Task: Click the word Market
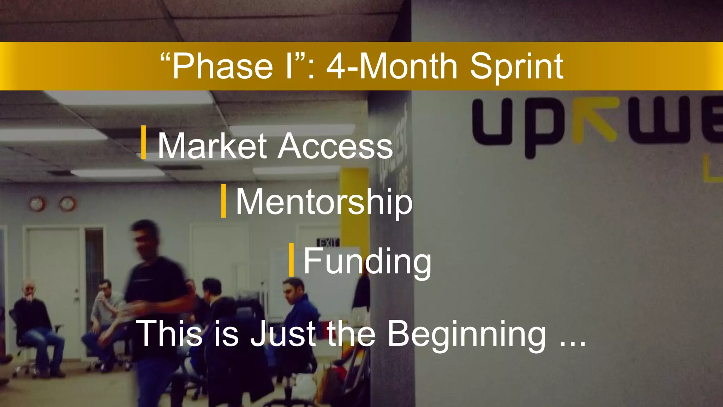click(x=212, y=146)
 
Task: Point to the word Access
click(x=335, y=146)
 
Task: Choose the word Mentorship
click(x=324, y=202)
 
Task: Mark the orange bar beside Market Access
click(x=143, y=142)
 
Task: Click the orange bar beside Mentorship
click(x=223, y=201)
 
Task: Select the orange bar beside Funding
click(x=291, y=260)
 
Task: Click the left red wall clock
click(x=36, y=204)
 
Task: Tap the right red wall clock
click(x=67, y=204)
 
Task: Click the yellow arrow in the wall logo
click(x=597, y=120)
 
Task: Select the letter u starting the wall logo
click(x=492, y=122)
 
